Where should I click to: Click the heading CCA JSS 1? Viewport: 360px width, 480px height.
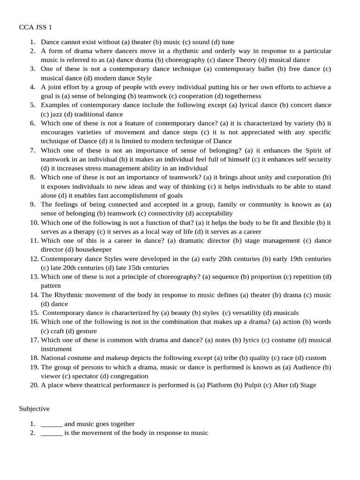tap(38, 28)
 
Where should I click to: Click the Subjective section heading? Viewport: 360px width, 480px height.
tap(34, 409)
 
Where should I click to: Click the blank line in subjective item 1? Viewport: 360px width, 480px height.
tap(52, 424)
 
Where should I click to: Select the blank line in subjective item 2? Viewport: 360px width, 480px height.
tap(52, 433)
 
